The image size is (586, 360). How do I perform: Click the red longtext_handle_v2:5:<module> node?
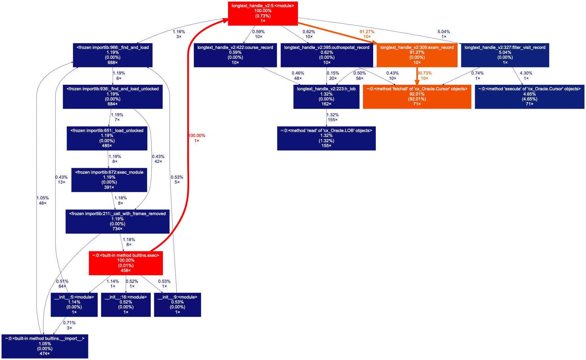point(263,13)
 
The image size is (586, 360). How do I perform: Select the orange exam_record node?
point(417,55)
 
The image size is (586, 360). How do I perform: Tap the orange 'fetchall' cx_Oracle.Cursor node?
point(417,97)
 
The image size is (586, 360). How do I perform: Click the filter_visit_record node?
point(505,55)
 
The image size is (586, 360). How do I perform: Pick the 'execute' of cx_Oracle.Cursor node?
point(529,97)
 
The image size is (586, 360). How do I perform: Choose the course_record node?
point(235,55)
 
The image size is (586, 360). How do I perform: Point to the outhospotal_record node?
point(327,55)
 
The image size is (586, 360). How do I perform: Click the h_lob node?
point(326,97)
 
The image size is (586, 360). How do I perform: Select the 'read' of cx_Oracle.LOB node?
point(326,138)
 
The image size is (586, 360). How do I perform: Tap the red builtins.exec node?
point(126,263)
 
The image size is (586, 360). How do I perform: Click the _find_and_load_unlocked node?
point(113,97)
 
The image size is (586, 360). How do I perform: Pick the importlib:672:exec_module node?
point(109,180)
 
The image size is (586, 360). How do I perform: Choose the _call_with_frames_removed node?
point(117,221)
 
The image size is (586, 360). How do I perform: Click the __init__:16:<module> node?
point(126,304)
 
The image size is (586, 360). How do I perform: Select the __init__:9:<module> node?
point(177,304)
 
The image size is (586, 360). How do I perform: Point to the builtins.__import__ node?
point(45,346)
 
